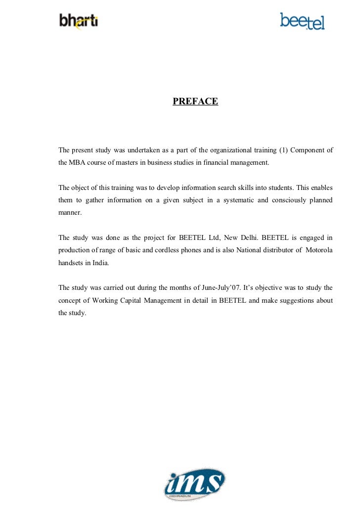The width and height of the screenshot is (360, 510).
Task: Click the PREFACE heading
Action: (x=195, y=101)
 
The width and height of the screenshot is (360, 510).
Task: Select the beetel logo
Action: (x=302, y=21)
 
